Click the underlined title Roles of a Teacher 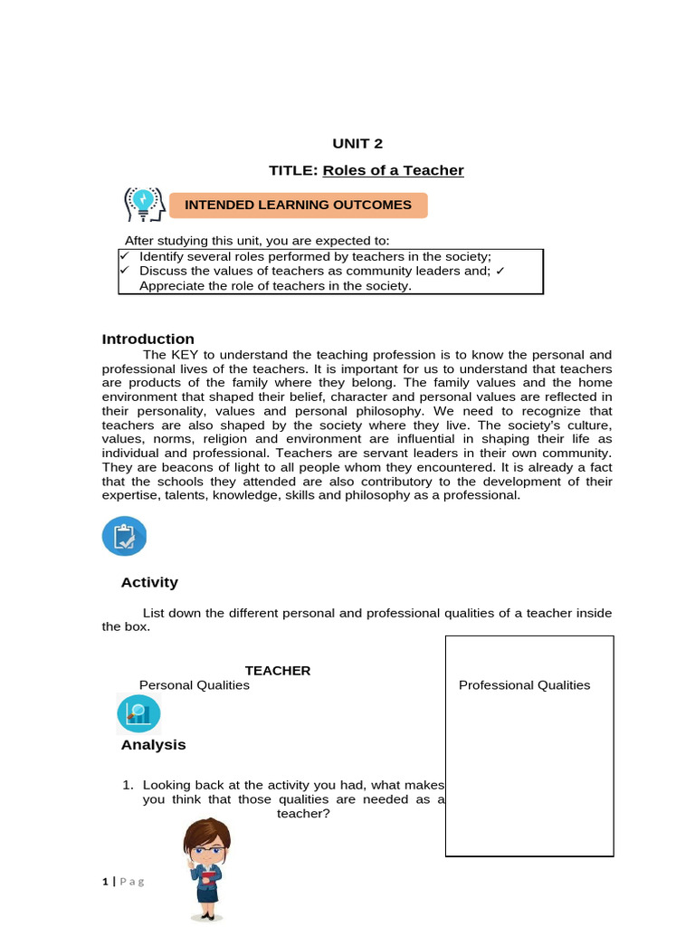point(393,170)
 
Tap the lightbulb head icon point(143,205)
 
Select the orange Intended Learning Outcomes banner point(298,205)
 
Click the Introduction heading point(148,339)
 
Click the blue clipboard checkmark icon point(124,537)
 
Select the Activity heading point(149,582)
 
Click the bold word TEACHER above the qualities point(278,671)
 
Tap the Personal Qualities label point(194,685)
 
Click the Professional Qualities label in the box point(524,685)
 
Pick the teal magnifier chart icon point(138,714)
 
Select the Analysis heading point(153,745)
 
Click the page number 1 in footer point(105,881)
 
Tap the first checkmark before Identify point(125,257)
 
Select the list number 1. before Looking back point(128,785)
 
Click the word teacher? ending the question point(303,814)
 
